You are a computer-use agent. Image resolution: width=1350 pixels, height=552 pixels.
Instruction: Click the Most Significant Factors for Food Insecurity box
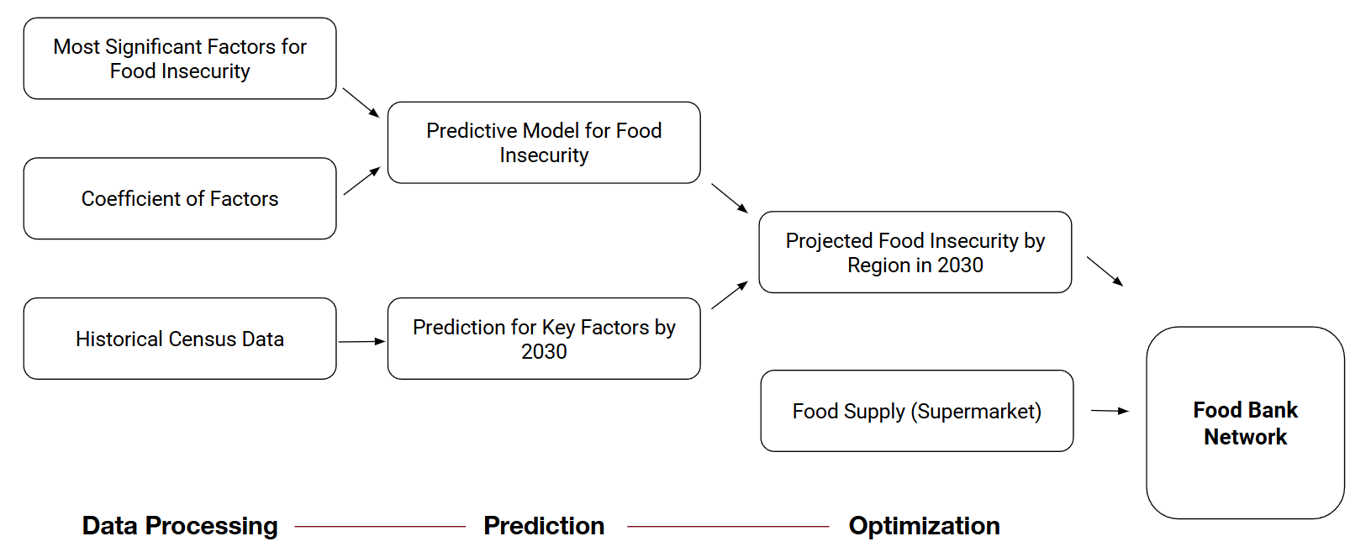coord(180,59)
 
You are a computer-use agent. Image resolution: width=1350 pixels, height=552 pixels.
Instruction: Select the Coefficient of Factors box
coord(180,199)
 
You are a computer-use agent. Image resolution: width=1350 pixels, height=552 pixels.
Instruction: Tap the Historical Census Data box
coord(180,339)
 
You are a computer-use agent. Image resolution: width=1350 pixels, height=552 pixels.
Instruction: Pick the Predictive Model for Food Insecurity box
coord(544,143)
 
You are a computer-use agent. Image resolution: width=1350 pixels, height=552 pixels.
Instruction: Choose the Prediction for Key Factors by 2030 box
coord(544,339)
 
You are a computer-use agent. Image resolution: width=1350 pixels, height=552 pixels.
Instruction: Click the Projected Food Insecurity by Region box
coord(915,252)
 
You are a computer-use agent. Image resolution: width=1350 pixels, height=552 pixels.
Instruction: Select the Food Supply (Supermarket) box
coord(916,411)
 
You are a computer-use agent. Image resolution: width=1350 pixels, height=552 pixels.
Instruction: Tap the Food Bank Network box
coord(1245,423)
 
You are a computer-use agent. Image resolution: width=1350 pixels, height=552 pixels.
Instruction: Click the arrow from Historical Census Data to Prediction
coord(361,342)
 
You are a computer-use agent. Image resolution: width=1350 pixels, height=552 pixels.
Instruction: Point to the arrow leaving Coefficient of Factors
coord(361,181)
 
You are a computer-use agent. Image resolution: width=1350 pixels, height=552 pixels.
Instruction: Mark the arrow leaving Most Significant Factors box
coord(361,102)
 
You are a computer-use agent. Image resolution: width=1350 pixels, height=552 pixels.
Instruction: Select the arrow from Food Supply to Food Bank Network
coord(1110,411)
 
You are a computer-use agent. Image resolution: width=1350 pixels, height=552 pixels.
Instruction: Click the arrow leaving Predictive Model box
coord(730,198)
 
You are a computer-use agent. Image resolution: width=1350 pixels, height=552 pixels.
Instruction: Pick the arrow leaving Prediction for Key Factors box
coord(730,295)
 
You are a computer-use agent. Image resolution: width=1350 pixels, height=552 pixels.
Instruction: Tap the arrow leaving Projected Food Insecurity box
coord(1105,271)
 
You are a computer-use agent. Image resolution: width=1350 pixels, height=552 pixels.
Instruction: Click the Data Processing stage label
coord(180,526)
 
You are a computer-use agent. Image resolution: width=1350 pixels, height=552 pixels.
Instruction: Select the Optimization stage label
coord(924,526)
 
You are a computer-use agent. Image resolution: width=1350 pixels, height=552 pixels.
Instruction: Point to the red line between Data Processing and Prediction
coord(380,527)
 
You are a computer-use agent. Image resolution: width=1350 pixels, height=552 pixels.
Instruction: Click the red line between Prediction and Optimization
coord(728,527)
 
